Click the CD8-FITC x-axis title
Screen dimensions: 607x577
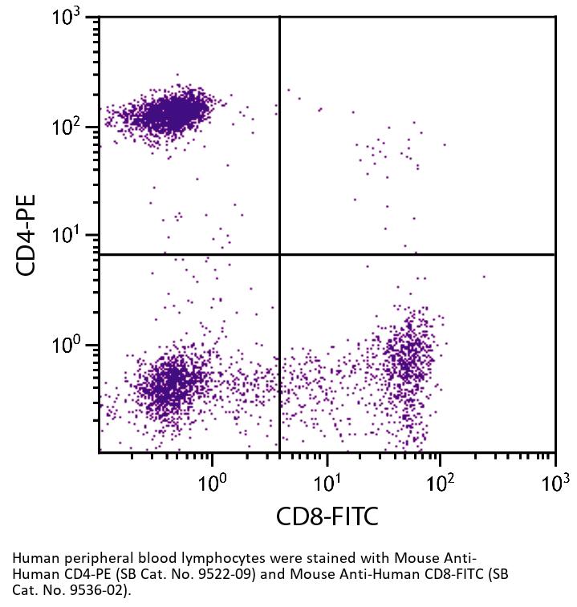pyautogui.click(x=327, y=516)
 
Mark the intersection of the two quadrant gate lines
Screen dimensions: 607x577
pyautogui.click(x=279, y=254)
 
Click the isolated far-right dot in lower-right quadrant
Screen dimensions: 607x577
pyautogui.click(x=484, y=277)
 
